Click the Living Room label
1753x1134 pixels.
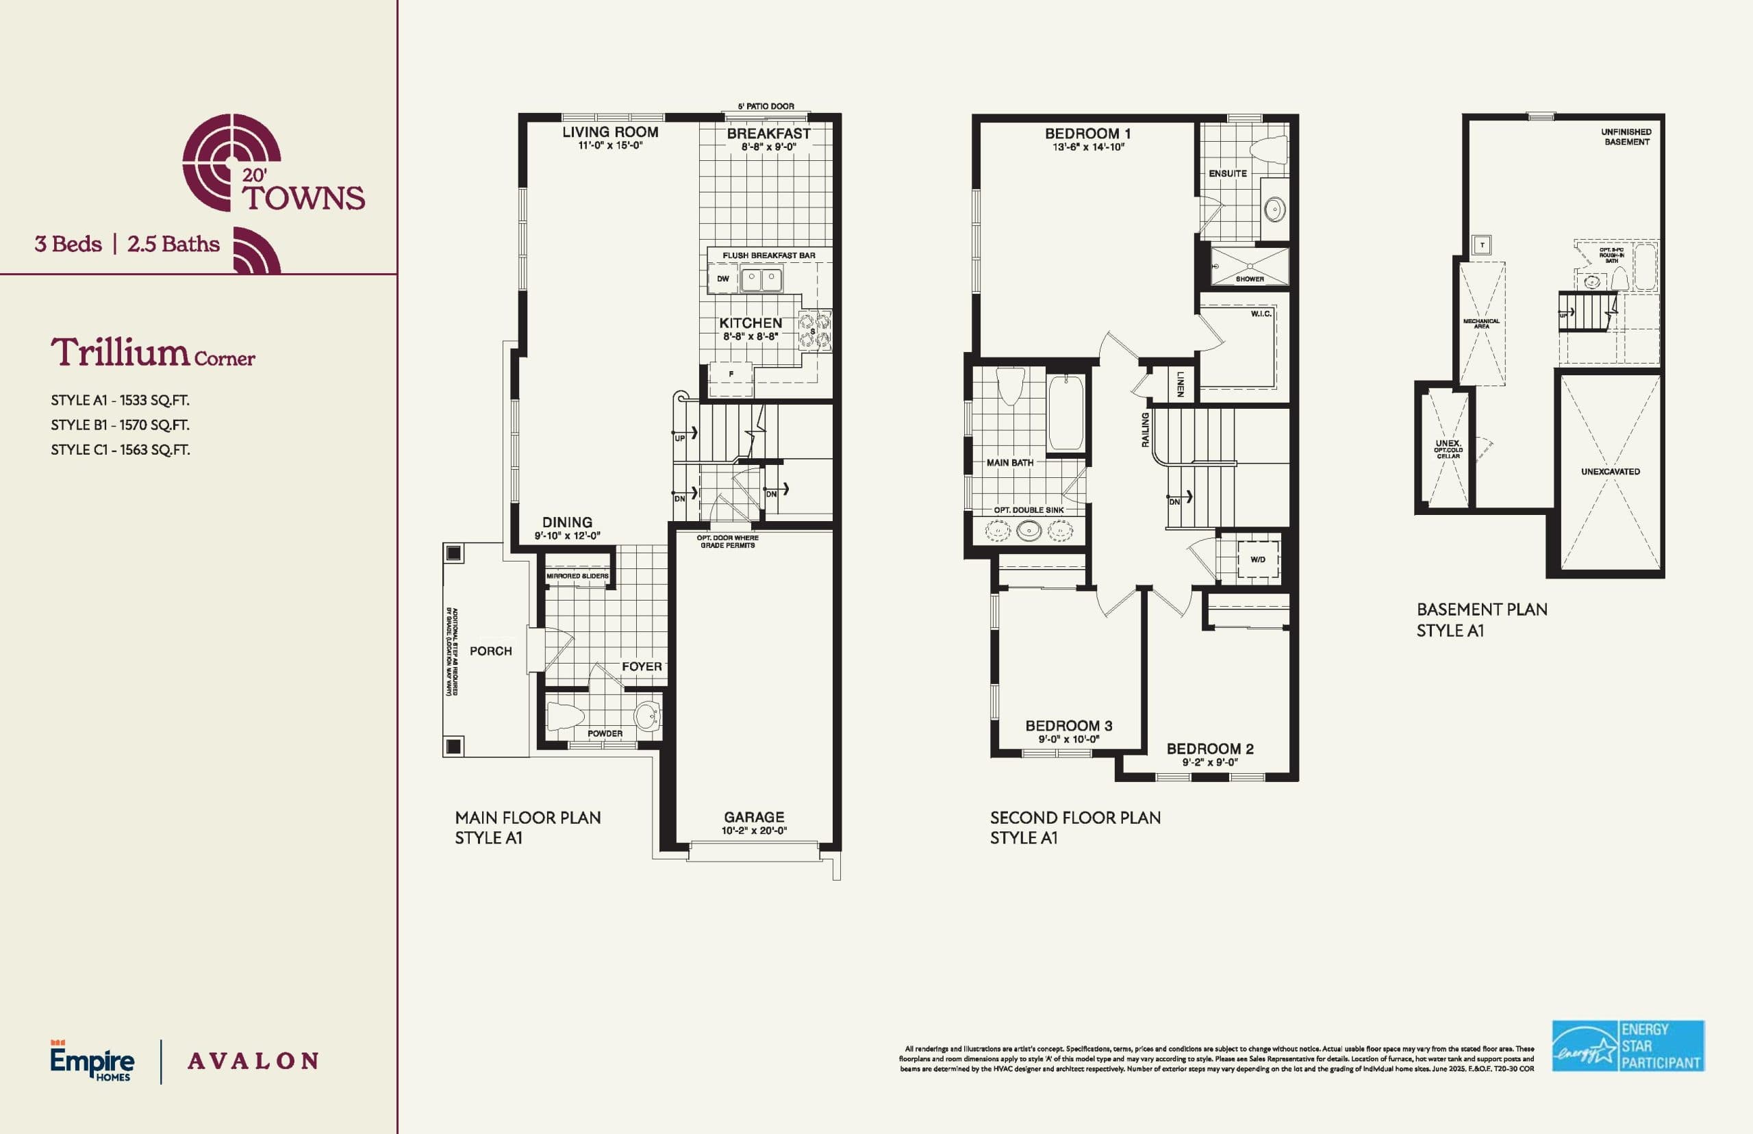[x=609, y=133]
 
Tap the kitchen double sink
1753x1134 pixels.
[x=761, y=280]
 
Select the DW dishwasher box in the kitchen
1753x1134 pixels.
[x=723, y=279]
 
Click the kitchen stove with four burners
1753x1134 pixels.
[x=815, y=330]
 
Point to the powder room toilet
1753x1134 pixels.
[x=566, y=716]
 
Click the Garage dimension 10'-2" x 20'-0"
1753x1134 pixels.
[x=754, y=831]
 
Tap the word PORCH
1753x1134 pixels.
[x=490, y=651]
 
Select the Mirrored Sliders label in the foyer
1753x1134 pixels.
[x=577, y=576]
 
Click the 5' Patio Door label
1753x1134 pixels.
[x=766, y=106]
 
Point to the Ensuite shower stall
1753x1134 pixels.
[x=1250, y=266]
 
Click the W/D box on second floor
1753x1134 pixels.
[x=1257, y=559]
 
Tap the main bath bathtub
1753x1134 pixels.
[x=1065, y=412]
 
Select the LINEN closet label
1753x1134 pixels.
[x=1179, y=383]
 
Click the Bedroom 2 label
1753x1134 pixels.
[x=1210, y=749]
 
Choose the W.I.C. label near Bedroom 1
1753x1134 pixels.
[x=1261, y=314]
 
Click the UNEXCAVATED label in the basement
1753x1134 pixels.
[x=1610, y=471]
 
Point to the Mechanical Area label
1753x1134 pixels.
[x=1480, y=323]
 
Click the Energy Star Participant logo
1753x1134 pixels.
[x=1628, y=1046]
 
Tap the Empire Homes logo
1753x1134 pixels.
[x=92, y=1061]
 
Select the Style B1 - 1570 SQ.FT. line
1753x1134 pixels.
[x=120, y=425]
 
